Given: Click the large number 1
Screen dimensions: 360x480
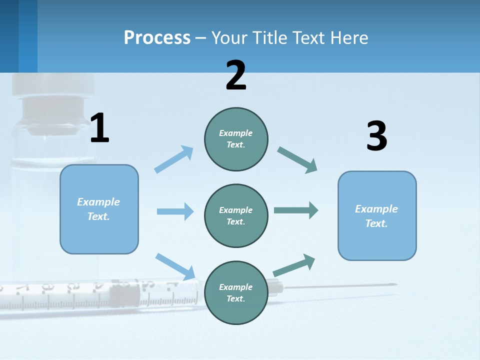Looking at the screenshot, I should (99, 128).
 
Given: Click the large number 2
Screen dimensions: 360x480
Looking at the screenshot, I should (236, 75).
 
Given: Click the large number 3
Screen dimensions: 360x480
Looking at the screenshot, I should (376, 136).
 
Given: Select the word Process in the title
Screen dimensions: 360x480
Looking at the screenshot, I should (157, 37).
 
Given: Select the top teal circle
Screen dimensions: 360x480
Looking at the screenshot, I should (236, 139).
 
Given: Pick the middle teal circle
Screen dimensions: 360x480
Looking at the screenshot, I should (236, 215).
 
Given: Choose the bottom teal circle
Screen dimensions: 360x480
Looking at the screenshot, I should (236, 292).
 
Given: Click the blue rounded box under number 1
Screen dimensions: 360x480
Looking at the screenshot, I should (99, 209).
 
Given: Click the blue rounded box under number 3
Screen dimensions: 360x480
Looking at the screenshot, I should (377, 215).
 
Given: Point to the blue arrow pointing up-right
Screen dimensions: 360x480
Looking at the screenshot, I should (174, 159).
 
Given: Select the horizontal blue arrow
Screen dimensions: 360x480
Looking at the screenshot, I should (175, 211).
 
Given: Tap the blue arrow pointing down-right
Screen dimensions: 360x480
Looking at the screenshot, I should (175, 266).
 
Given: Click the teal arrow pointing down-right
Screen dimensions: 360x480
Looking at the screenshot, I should (297, 160).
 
